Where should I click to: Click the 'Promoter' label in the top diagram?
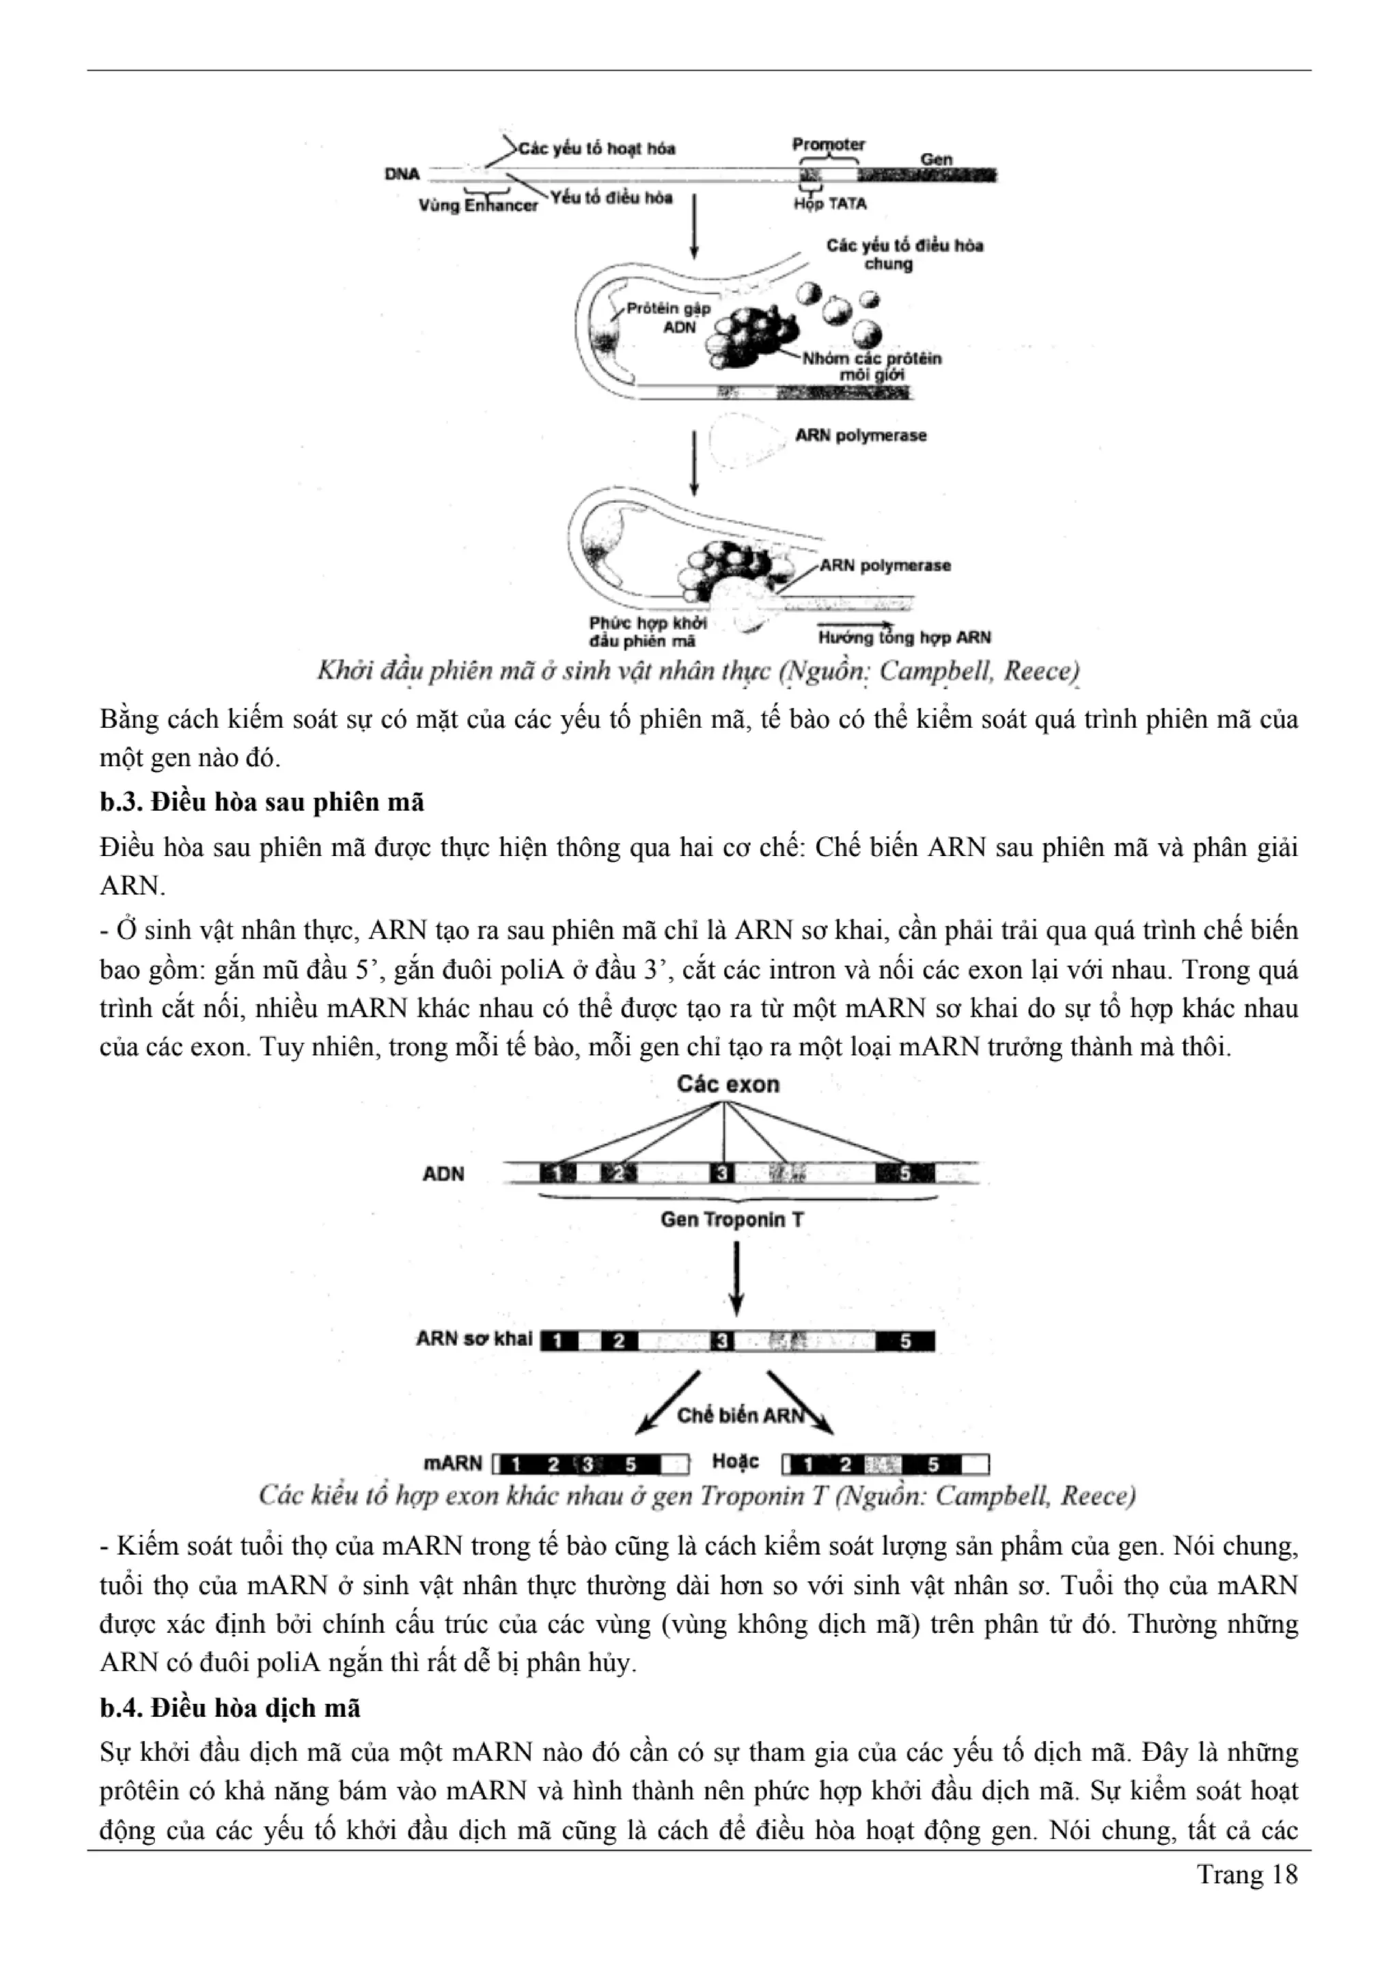828,144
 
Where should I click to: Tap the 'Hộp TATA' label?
829,204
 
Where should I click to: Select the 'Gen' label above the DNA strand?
936,159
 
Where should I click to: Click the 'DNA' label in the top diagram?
402,174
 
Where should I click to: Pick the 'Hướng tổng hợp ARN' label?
904,637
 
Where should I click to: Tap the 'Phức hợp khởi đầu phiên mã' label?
647,631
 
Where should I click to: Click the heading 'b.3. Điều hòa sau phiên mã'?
262,802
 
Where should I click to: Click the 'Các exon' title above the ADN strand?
728,1084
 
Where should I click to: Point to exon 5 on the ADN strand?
904,1173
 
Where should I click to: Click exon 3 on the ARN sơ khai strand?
723,1341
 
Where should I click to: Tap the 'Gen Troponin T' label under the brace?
732,1219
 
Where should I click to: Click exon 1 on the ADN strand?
557,1173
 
